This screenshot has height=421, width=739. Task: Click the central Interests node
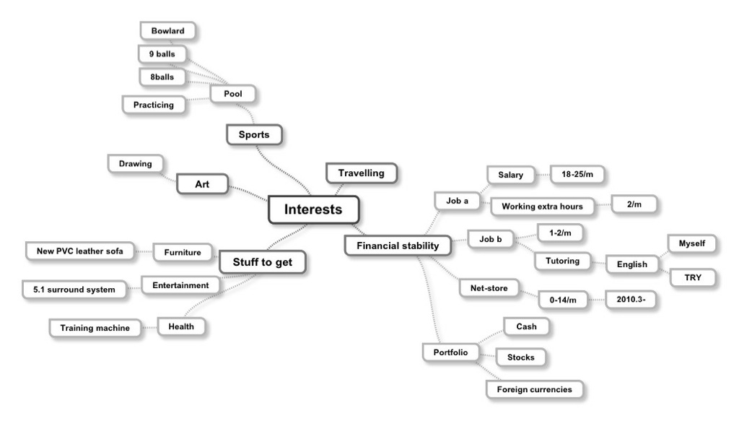tap(312, 209)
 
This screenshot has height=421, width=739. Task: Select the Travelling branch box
tap(361, 173)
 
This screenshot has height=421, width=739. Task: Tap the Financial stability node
tap(397, 246)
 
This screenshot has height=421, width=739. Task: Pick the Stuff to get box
tap(262, 262)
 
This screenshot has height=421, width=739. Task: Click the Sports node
tap(253, 134)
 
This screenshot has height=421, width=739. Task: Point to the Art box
tap(202, 184)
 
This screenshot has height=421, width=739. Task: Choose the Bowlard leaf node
tap(167, 31)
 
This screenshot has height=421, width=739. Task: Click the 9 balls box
tap(162, 53)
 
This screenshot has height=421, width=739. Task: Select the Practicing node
tap(153, 105)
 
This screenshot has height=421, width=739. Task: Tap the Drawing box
tap(136, 164)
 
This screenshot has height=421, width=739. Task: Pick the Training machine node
tap(95, 328)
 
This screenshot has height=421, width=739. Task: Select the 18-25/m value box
tap(577, 174)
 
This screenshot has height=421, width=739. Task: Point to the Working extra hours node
tap(542, 207)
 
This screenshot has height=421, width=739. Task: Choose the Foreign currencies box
tap(534, 389)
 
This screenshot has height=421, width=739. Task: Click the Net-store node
tap(489, 288)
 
